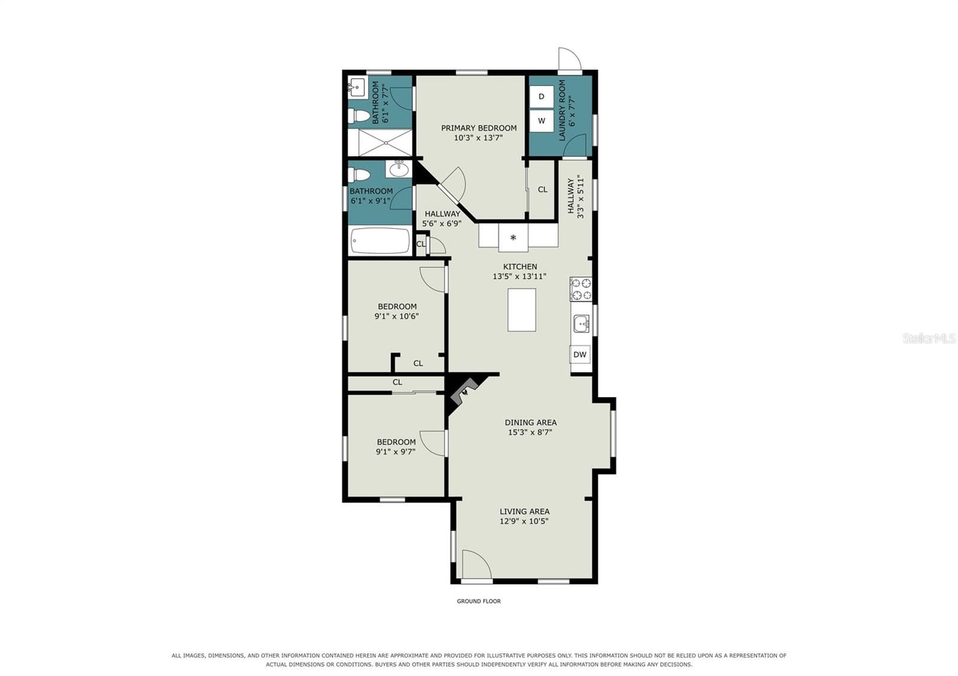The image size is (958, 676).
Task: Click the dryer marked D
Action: pyautogui.click(x=541, y=96)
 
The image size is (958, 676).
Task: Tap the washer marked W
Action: pyautogui.click(x=541, y=121)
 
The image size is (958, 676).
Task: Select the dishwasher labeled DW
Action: pyautogui.click(x=580, y=354)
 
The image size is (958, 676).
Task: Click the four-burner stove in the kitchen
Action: pyautogui.click(x=581, y=289)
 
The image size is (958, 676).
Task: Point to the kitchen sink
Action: pyautogui.click(x=581, y=324)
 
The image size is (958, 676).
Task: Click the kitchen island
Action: pyautogui.click(x=522, y=310)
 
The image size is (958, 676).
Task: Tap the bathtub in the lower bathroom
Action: pyautogui.click(x=380, y=240)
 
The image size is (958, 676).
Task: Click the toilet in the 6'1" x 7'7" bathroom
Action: pyautogui.click(x=359, y=115)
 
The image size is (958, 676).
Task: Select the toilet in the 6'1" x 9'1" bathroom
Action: pyautogui.click(x=359, y=175)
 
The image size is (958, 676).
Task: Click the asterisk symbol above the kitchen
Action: pyautogui.click(x=513, y=237)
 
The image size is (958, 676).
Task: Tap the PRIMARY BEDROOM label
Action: pyautogui.click(x=478, y=128)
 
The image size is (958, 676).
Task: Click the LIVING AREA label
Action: pyautogui.click(x=525, y=511)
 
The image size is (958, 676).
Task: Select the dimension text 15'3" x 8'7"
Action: pyautogui.click(x=530, y=432)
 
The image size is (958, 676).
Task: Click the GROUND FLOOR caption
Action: pyautogui.click(x=478, y=601)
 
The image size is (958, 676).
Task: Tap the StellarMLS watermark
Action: pyautogui.click(x=929, y=339)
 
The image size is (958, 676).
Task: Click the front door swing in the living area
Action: pyautogui.click(x=477, y=564)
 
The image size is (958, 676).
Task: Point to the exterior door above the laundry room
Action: pyautogui.click(x=569, y=59)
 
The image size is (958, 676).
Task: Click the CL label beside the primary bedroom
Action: pyautogui.click(x=542, y=189)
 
